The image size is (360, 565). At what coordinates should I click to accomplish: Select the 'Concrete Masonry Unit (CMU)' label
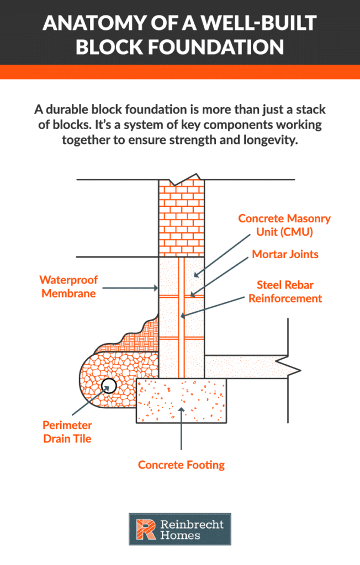coord(284,225)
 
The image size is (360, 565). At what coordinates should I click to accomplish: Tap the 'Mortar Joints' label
coord(285,254)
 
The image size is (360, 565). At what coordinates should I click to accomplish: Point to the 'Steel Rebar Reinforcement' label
coord(285,291)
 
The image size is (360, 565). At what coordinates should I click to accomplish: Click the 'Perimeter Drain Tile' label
coord(67,432)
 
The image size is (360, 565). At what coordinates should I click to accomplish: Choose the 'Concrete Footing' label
coord(181,465)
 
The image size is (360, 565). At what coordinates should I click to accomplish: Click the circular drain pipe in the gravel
coord(109,386)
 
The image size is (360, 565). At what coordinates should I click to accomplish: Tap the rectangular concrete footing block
coord(181,400)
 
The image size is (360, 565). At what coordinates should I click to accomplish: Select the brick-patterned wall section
coord(181,218)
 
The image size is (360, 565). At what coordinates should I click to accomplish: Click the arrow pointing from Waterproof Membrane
coord(129,287)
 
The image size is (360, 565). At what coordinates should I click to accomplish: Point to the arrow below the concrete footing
coord(181,436)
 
